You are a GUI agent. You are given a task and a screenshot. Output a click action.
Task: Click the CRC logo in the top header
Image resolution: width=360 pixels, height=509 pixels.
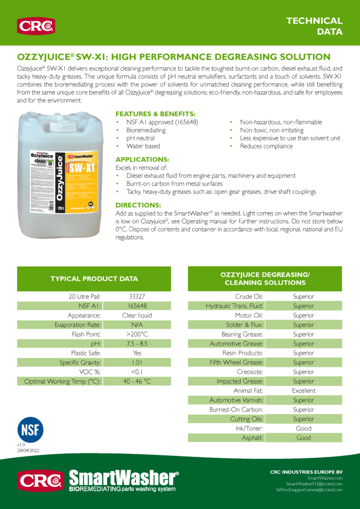point(36,25)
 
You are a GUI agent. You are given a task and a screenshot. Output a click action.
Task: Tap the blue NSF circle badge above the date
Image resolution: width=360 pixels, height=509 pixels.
point(30,429)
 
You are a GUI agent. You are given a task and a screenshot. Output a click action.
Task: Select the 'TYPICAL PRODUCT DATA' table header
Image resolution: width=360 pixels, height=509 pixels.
point(94,279)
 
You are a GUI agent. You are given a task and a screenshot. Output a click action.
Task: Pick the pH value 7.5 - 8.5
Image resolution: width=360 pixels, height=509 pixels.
point(137,343)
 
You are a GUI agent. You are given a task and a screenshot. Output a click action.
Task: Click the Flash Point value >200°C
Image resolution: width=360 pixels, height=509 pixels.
point(137,334)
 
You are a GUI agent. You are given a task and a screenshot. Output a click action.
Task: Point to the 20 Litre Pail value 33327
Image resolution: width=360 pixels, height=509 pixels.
point(137,297)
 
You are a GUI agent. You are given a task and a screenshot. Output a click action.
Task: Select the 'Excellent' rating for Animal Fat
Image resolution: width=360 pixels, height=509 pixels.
point(303,391)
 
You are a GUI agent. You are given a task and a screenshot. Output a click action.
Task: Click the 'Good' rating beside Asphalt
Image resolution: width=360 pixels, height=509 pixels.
point(303,438)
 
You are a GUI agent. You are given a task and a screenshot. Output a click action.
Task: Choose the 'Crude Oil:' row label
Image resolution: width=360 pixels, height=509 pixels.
point(249,297)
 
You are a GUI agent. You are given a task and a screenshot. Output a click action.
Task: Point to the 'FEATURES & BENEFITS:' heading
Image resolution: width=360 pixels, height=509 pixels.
point(155,114)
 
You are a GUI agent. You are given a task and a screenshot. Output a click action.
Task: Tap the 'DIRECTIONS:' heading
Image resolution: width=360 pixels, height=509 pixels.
point(138,205)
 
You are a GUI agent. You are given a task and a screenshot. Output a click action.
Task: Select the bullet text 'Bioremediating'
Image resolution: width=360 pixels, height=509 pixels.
point(146,130)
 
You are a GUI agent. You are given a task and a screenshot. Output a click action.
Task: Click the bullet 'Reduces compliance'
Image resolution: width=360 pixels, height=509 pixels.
point(266,146)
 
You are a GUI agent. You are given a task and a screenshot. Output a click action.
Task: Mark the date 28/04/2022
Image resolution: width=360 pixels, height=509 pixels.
point(28,450)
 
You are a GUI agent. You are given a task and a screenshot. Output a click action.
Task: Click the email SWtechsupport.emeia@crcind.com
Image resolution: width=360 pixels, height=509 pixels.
point(309,490)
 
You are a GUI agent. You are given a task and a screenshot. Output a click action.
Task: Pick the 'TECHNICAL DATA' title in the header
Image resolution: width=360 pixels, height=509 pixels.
point(315,26)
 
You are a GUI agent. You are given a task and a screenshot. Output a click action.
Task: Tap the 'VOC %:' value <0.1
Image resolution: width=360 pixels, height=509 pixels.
point(137,372)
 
